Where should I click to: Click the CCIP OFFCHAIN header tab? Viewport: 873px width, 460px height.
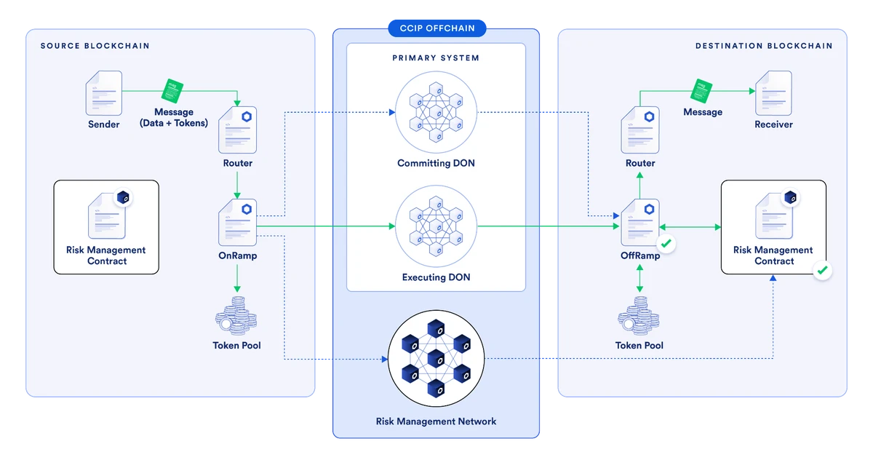tap(436, 28)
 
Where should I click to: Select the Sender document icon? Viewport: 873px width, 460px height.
tap(103, 92)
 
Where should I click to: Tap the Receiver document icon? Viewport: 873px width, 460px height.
tap(773, 92)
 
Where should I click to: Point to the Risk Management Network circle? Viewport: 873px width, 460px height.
tap(436, 357)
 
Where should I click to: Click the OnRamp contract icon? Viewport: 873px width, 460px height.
tap(236, 223)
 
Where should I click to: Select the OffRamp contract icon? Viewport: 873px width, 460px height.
tap(639, 223)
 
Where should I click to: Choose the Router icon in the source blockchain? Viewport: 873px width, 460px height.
tap(236, 130)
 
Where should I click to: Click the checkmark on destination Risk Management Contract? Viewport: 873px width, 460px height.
tap(822, 271)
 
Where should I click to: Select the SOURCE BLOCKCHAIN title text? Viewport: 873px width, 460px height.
tap(95, 46)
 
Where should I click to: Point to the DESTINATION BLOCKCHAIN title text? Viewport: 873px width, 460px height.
tap(763, 46)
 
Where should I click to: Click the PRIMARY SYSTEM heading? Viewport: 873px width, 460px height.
tap(436, 57)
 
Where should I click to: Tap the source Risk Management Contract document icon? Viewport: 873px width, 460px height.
tap(106, 215)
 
